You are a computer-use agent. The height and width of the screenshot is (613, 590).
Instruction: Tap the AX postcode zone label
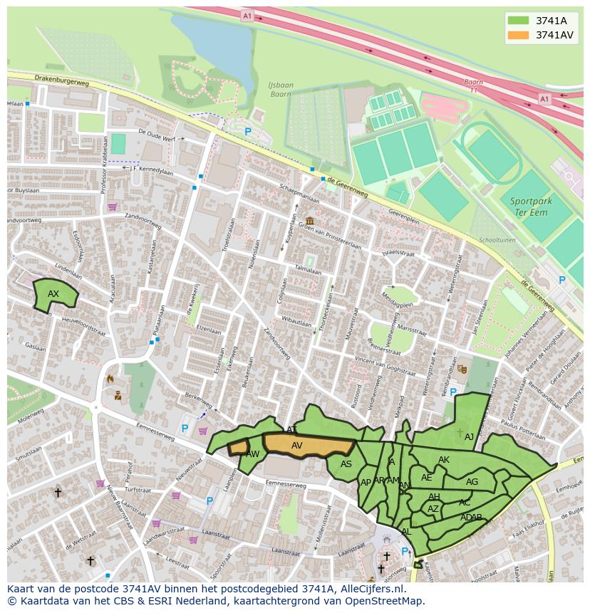tap(53, 294)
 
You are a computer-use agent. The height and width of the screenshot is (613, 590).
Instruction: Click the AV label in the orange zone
tap(297, 446)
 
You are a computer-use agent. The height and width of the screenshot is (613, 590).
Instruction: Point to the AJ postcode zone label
tap(469, 437)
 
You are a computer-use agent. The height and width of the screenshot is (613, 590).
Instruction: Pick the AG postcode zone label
tap(472, 482)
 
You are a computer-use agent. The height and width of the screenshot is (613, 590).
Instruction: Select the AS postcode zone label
tap(346, 464)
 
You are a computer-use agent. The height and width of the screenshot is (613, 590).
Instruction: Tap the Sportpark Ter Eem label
tap(531, 207)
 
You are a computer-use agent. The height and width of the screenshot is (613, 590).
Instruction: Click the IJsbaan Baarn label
tap(280, 90)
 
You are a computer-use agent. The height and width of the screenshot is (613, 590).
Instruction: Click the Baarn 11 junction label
tap(474, 86)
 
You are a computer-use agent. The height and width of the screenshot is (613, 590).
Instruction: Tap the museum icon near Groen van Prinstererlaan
tap(309, 221)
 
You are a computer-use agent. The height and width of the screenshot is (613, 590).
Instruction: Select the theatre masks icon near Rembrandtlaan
tap(462, 369)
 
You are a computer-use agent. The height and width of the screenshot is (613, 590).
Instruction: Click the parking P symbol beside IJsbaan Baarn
tap(248, 132)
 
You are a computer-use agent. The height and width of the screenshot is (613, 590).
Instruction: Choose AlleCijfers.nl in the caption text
tap(371, 589)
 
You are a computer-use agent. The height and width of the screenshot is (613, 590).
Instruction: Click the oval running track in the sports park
tap(490, 152)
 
